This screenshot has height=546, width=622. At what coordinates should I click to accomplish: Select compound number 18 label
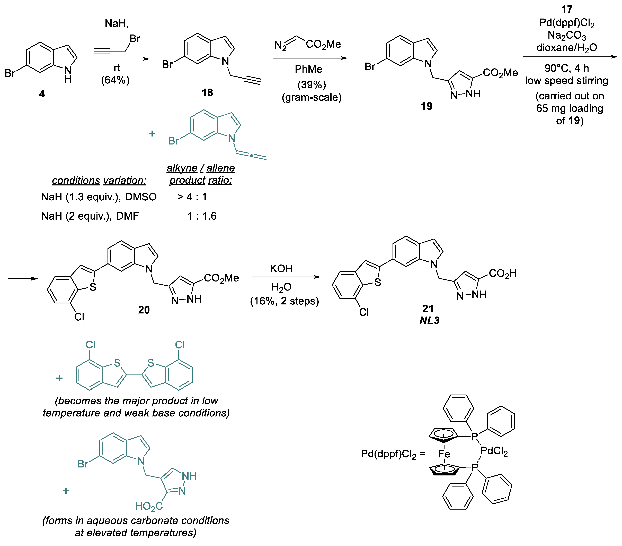point(207,92)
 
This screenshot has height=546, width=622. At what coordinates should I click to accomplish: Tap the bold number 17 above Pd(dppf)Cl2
point(567,9)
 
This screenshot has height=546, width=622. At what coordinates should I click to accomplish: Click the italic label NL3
point(429,320)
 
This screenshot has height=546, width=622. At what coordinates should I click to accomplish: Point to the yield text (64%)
point(115,80)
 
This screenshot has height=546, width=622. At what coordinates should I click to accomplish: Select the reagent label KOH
point(281,269)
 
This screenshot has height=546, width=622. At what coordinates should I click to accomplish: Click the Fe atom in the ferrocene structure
point(444,454)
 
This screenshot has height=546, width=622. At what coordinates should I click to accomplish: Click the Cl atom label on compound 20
point(79,317)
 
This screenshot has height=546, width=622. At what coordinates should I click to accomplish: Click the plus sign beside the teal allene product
point(152,133)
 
